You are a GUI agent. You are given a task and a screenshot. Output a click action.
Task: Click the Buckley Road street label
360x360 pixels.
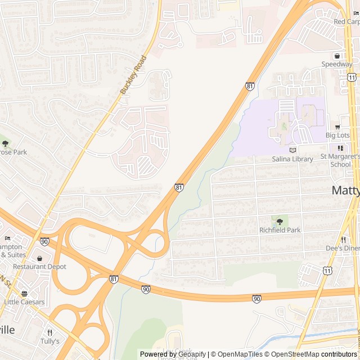[x=133, y=74]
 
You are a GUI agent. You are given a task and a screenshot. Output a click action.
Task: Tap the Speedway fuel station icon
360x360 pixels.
[x=337, y=56]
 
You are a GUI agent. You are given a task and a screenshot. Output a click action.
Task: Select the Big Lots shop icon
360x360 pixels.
[x=337, y=127]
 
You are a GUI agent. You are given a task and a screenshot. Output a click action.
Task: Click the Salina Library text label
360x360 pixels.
[x=292, y=159]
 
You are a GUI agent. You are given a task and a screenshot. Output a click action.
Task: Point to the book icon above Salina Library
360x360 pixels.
[x=292, y=150]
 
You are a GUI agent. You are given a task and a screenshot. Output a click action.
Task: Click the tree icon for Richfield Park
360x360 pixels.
[x=280, y=222]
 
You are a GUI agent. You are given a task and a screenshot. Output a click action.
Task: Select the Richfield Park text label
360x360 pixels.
[x=280, y=230]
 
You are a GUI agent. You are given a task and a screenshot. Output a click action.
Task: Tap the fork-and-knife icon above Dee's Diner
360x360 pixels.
[x=343, y=239]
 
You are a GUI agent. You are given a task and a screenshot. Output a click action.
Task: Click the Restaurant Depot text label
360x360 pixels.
[x=40, y=267]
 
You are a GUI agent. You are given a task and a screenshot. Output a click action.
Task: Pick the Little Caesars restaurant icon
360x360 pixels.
[x=24, y=293]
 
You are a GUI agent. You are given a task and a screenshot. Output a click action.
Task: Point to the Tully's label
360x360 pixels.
[x=49, y=341]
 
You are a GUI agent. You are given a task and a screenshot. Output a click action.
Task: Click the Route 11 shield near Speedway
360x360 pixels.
[x=352, y=77]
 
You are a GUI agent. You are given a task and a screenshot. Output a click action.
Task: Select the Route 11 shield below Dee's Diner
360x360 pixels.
[x=327, y=271]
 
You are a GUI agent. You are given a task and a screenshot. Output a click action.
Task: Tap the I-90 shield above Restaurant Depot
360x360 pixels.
[x=44, y=242]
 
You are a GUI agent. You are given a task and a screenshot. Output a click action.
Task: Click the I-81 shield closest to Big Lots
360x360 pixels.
[x=249, y=86]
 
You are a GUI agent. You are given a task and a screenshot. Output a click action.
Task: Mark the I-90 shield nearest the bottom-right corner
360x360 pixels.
[x=256, y=298]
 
